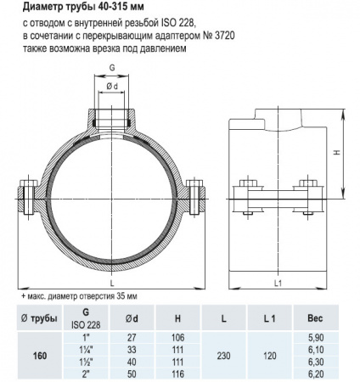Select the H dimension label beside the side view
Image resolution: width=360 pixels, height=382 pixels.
[337, 153]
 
